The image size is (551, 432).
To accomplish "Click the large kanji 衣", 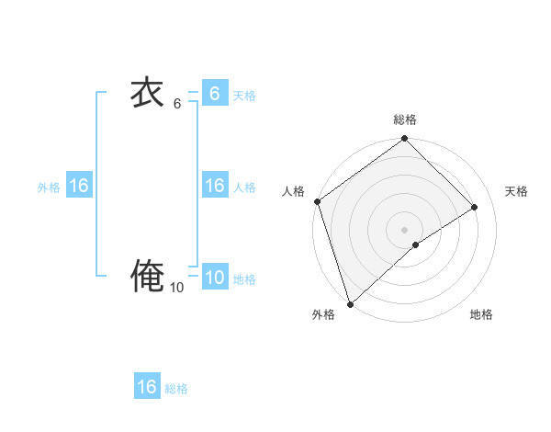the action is [147, 93].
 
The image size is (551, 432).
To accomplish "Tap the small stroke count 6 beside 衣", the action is [177, 104].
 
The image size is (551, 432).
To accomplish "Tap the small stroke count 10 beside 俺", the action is [176, 288].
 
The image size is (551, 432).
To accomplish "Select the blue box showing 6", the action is [214, 94].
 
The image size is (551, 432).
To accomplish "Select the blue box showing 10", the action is [214, 278].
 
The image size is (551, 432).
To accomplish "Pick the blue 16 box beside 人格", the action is [214, 186].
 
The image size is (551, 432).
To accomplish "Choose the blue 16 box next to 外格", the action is [78, 186].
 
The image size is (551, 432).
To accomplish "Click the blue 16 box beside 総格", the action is [147, 387].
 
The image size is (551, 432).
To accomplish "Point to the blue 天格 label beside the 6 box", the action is [244, 96].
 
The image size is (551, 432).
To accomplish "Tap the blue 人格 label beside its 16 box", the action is [244, 188].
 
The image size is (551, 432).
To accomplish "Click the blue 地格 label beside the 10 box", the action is [244, 279].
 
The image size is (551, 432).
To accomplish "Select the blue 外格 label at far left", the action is [49, 188].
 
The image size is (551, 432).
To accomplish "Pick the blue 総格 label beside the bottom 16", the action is [176, 389].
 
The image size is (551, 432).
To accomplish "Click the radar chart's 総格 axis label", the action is [405, 119].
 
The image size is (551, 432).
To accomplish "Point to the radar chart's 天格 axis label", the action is [516, 191].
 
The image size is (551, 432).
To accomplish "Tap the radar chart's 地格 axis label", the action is [481, 315].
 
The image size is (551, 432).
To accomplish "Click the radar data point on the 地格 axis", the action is [416, 244].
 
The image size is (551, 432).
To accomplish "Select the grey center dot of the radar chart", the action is [404, 229].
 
